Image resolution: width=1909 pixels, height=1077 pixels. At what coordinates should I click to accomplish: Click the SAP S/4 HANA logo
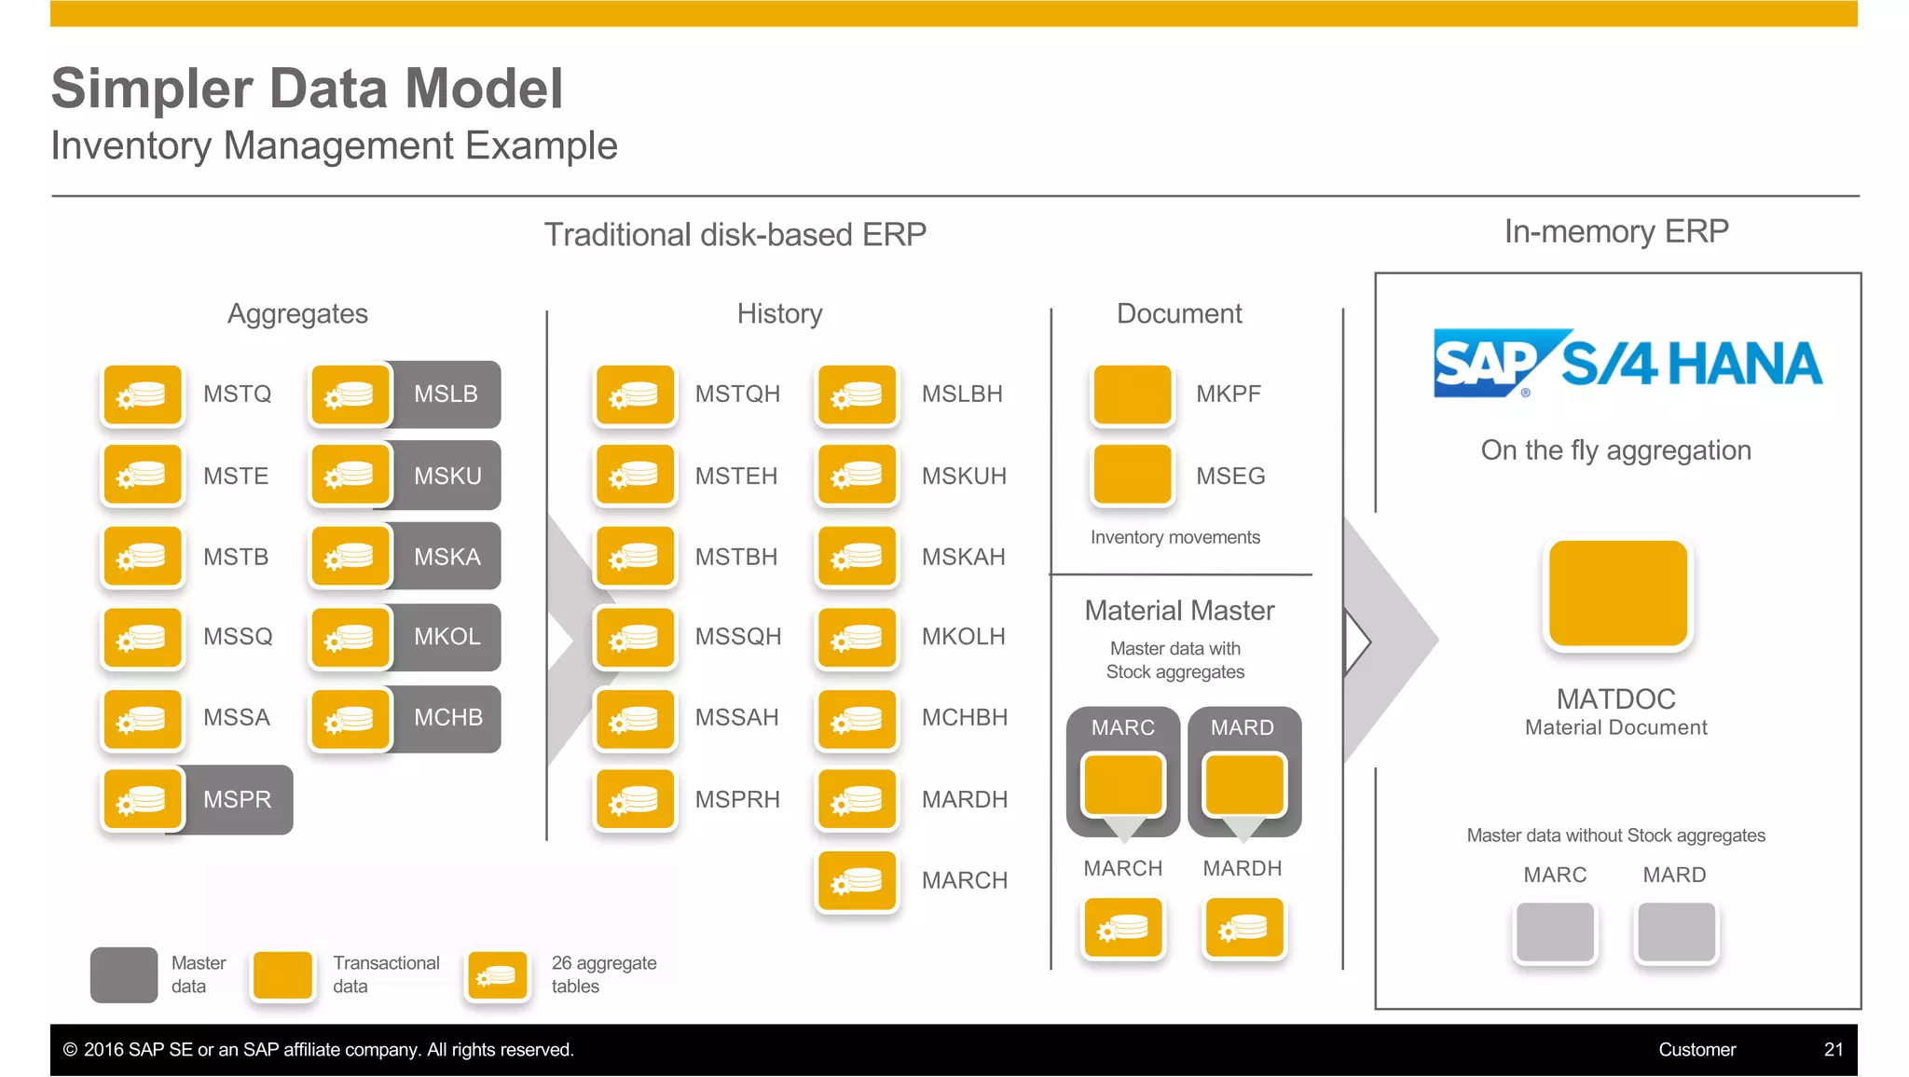1627,363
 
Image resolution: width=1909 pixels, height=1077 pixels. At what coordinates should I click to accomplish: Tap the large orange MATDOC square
1617,594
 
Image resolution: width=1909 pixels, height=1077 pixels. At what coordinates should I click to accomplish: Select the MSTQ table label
237,394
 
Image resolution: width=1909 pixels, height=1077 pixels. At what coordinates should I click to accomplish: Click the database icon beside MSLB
350,395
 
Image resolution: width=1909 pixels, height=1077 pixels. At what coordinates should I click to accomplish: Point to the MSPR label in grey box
238,800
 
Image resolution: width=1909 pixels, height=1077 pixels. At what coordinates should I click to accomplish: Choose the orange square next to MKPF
1132,395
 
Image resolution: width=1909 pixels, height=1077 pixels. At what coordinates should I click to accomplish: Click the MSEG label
1230,476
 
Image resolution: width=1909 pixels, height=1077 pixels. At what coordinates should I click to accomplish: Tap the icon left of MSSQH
635,638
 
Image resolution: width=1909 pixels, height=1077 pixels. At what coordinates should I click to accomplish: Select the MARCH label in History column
964,881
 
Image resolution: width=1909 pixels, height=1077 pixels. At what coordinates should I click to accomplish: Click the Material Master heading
1179,611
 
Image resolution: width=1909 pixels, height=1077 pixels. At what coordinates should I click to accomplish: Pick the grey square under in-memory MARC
1555,932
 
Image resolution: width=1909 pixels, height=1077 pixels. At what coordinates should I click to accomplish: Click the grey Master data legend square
124,975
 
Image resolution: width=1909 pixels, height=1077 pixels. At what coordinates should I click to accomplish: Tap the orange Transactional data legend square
283,975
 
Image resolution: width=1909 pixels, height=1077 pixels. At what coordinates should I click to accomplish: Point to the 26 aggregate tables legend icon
498,975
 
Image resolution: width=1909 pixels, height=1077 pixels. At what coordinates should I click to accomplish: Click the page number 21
1833,1050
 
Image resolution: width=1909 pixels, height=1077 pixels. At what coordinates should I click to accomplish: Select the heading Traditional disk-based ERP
735,235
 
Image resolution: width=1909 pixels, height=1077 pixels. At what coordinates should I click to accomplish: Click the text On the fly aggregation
1615,450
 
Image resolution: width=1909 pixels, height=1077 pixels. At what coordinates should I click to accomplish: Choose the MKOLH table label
963,637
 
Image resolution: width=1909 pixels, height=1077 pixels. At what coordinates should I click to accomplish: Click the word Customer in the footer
1696,1050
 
